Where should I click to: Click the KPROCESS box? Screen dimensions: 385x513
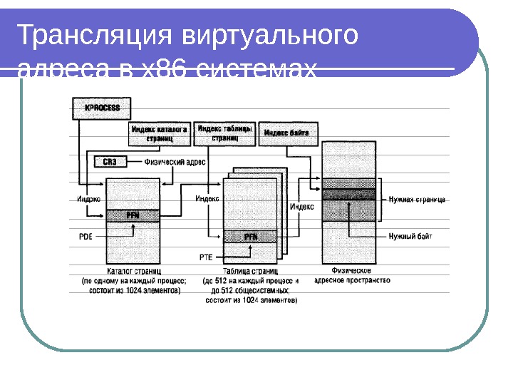(103, 108)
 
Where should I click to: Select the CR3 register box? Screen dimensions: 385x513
(110, 162)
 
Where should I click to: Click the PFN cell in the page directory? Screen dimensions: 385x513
(133, 215)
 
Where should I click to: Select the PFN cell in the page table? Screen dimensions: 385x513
(251, 236)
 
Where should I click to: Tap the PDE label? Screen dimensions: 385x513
(85, 235)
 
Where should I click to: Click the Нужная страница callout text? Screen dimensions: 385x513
(418, 200)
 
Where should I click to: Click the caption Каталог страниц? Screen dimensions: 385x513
(134, 272)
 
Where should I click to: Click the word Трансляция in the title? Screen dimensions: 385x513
(93, 36)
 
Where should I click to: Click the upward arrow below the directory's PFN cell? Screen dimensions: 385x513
(133, 228)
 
